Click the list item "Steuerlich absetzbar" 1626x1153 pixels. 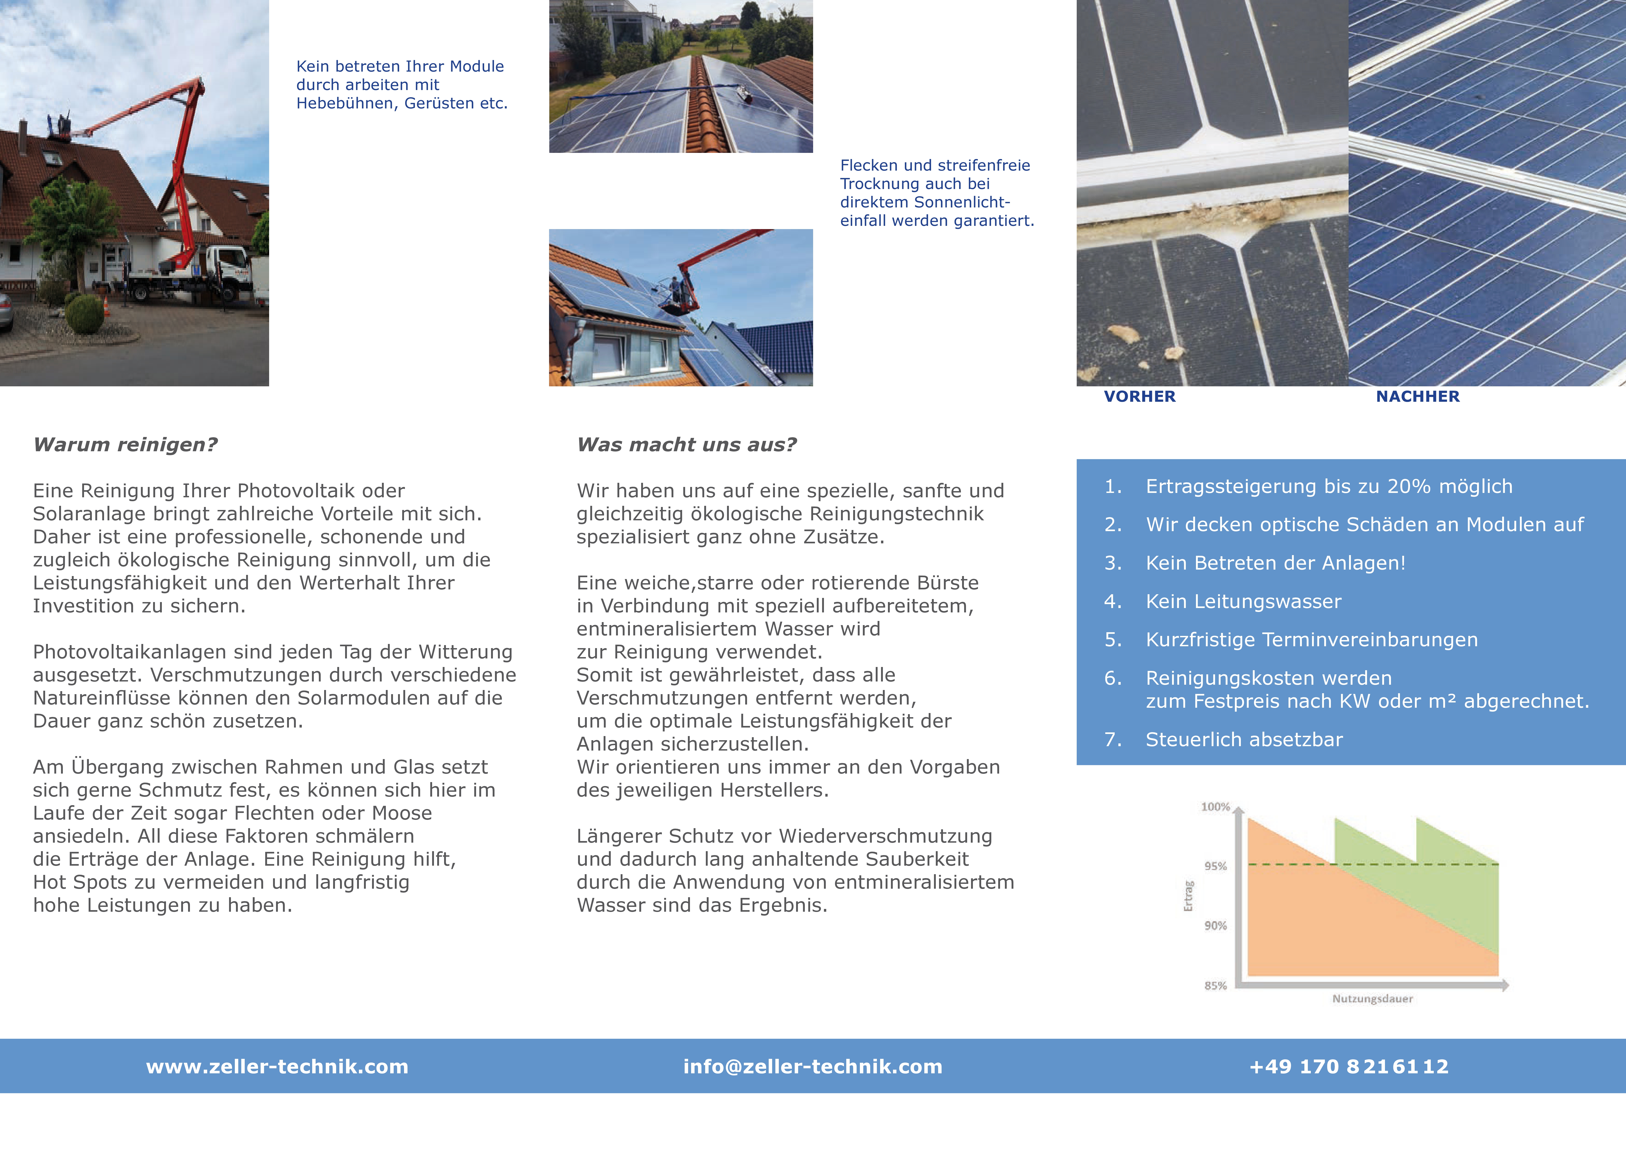click(x=1244, y=740)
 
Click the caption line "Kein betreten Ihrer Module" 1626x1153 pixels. click(x=400, y=66)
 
